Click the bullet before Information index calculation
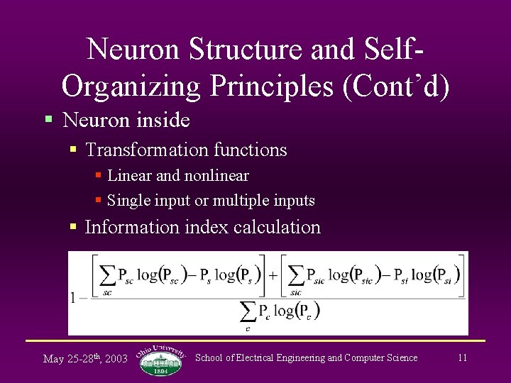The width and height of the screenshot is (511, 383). (x=73, y=227)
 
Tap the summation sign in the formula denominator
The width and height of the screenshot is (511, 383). (x=248, y=311)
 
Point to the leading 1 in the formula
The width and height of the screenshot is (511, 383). (x=73, y=297)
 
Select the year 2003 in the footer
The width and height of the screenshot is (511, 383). (x=115, y=359)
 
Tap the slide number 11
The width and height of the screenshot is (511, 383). (x=462, y=357)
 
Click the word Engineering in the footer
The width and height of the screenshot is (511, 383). (x=300, y=357)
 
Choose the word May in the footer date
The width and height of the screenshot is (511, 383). (x=53, y=359)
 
